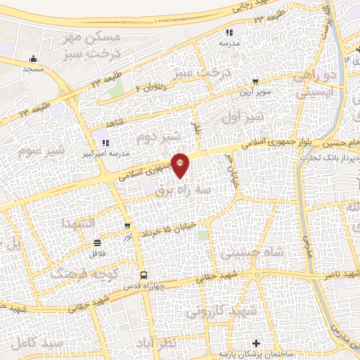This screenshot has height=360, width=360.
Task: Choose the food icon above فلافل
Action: (x=97, y=242)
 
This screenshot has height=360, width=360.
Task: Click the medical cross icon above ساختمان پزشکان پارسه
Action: (x=256, y=344)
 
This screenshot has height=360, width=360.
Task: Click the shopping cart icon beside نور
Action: (x=127, y=226)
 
